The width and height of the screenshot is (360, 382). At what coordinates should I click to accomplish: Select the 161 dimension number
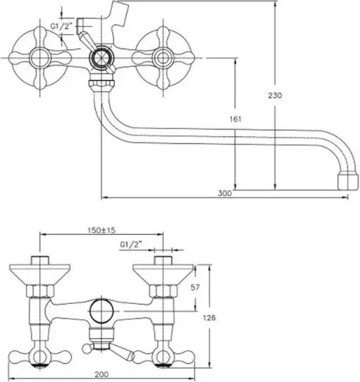[236, 120]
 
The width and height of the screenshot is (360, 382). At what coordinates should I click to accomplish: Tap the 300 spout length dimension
[224, 192]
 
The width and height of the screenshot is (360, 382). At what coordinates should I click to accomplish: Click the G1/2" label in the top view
[61, 27]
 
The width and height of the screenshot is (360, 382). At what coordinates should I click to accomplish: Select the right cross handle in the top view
[164, 56]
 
